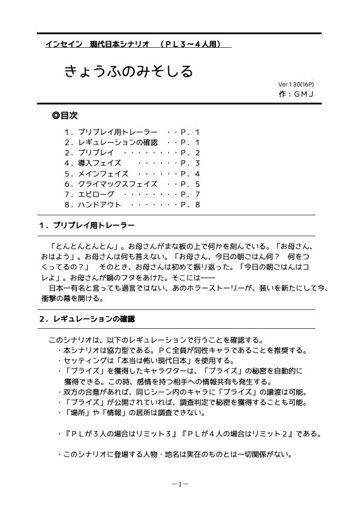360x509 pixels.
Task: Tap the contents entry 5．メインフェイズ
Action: tap(96, 173)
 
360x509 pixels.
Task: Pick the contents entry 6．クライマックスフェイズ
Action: tap(111, 183)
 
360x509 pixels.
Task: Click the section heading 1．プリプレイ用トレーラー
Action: tap(87, 225)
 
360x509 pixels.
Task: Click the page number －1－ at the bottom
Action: tap(180, 484)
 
